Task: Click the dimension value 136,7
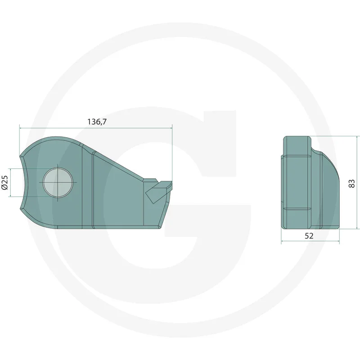(96, 122)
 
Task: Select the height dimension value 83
(352, 183)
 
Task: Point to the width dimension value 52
(309, 235)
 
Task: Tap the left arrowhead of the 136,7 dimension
(21, 128)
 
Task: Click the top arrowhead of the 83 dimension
(357, 138)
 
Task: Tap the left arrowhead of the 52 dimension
(283, 242)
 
